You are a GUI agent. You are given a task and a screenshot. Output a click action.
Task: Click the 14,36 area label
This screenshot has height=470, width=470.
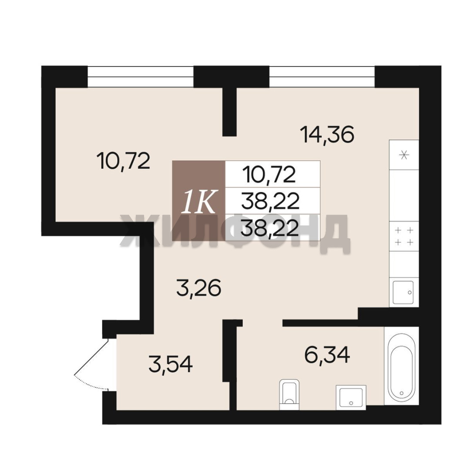(x=329, y=134)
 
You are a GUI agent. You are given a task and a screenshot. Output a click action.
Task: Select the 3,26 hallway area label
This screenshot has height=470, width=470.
(x=199, y=288)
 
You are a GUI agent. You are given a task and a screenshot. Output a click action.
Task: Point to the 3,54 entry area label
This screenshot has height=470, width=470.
(x=171, y=365)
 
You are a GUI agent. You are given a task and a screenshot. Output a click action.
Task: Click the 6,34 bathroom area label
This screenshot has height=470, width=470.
(x=327, y=355)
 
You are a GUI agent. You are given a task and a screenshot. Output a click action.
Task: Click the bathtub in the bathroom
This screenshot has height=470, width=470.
(x=401, y=369)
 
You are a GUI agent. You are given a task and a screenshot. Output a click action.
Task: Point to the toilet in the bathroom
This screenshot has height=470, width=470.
(x=289, y=394)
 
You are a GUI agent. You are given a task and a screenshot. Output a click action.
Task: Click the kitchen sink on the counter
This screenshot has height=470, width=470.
(x=403, y=292)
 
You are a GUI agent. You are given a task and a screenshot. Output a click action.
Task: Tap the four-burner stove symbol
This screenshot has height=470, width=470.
(x=404, y=236)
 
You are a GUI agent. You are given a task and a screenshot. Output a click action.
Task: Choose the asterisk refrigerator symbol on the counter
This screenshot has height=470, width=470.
(x=404, y=155)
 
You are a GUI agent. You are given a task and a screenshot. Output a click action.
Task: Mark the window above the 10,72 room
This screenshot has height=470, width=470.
(x=141, y=77)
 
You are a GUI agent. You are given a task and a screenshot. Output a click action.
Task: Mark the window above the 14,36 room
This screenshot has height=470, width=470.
(x=322, y=77)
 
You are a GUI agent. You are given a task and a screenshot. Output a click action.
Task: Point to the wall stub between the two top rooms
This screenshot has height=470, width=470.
(x=229, y=111)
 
